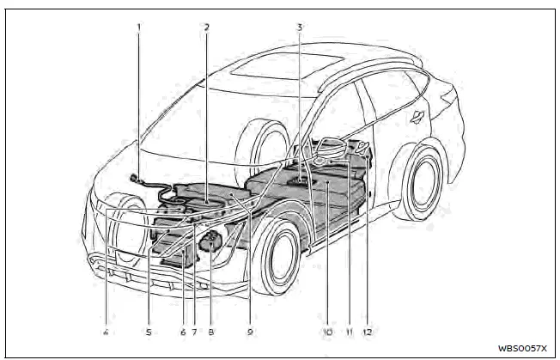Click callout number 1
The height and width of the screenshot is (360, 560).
click(138, 27)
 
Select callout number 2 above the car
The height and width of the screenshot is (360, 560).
click(207, 27)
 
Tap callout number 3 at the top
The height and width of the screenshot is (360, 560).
click(299, 27)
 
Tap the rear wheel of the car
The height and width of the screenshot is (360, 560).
click(426, 181)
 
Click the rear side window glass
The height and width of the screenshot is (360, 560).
click(413, 86)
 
